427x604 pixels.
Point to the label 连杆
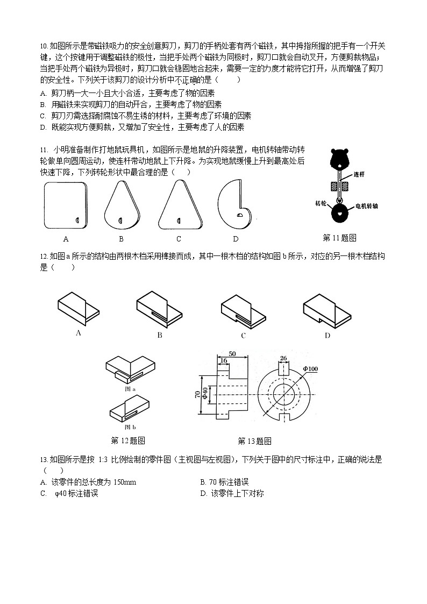coord(360,175)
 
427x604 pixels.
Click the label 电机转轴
coord(366,206)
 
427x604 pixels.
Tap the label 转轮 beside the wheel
coord(321,203)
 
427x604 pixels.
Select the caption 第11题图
coord(339,238)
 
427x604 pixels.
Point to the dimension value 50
coord(232,353)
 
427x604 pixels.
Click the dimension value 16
coord(223,361)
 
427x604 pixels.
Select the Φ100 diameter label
coord(311,368)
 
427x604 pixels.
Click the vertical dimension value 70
coord(197,395)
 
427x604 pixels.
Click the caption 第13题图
coord(254,441)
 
